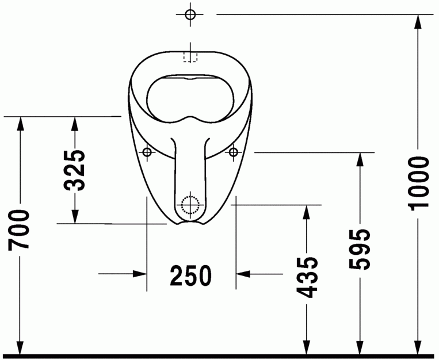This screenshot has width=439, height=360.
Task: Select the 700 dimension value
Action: [x=20, y=230]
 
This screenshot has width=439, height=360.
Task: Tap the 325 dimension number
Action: [x=75, y=170]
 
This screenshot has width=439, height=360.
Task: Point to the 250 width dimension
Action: [x=190, y=276]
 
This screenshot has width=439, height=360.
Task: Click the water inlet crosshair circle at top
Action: [x=191, y=14]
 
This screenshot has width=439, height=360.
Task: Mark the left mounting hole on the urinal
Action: [x=147, y=152]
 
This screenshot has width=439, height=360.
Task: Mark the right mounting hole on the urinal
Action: [x=234, y=152]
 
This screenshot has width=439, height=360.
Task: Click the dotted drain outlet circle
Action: [x=189, y=204]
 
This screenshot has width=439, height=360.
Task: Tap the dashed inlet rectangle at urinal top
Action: [x=190, y=56]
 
